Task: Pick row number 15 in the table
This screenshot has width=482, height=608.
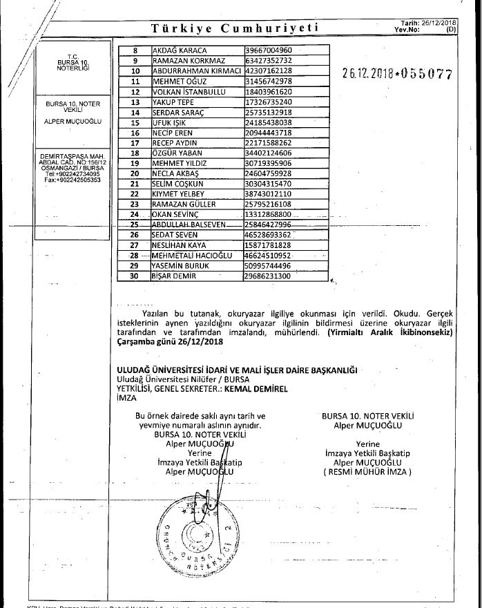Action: [x=135, y=122]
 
